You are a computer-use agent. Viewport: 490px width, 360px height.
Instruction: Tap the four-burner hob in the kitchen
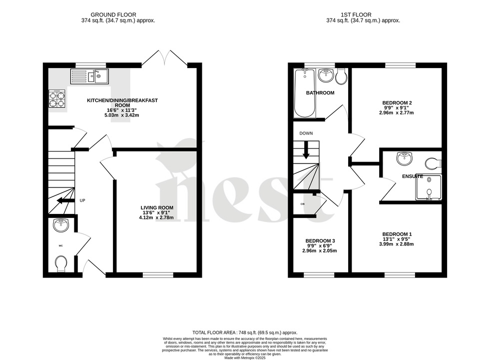[56, 99]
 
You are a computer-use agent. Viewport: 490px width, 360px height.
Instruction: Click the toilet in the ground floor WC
[61, 262]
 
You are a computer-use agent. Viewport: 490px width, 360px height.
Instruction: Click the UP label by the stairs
[82, 200]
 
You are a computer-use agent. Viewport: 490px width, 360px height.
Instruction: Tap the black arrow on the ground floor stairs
[63, 201]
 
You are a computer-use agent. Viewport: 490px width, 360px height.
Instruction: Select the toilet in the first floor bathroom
[342, 76]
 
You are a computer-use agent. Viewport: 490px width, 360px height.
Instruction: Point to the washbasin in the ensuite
[404, 159]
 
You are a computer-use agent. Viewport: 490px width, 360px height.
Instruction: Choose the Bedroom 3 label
[320, 241]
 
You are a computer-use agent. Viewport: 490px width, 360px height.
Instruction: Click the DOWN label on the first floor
[306, 133]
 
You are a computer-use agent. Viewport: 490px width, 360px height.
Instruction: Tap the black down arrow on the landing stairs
[306, 150]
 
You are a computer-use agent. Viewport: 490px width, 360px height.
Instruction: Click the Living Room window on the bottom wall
[157, 274]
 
